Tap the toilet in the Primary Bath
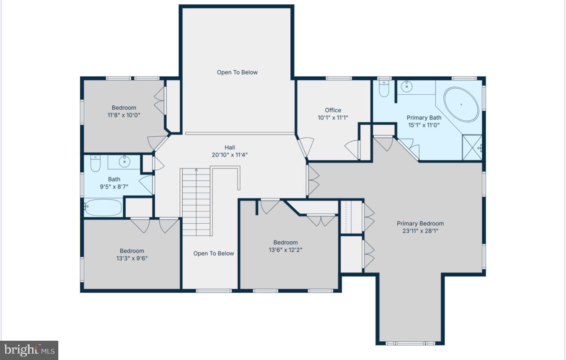pyautogui.click(x=384, y=89)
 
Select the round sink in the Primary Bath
pyautogui.click(x=406, y=87)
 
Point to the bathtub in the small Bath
pyautogui.click(x=103, y=208)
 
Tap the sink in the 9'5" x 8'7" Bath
pyautogui.click(x=124, y=162)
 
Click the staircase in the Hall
pyautogui.click(x=196, y=201)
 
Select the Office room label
pyautogui.click(x=333, y=110)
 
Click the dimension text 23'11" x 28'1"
pyautogui.click(x=420, y=231)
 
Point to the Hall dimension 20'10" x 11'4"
pyautogui.click(x=230, y=155)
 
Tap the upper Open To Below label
pyautogui.click(x=237, y=72)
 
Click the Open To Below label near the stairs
pyautogui.click(x=214, y=253)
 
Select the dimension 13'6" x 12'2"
pyautogui.click(x=286, y=249)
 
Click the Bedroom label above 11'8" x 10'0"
pyautogui.click(x=124, y=108)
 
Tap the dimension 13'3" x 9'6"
pyautogui.click(x=132, y=258)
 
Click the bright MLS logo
pyautogui.click(x=29, y=350)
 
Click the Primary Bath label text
pyautogui.click(x=424, y=117)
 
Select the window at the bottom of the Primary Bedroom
pyautogui.click(x=410, y=343)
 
